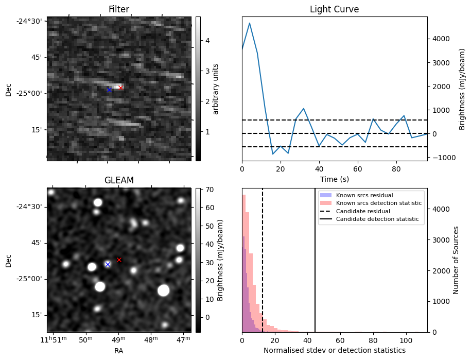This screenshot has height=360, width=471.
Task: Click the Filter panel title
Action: (118, 9)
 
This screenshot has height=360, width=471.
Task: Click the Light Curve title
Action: (334, 9)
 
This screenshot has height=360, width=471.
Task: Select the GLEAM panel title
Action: (118, 180)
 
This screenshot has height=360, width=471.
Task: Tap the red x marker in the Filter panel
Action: (120, 88)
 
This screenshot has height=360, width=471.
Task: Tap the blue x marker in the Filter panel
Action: (109, 90)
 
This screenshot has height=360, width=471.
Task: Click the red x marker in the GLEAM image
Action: (119, 260)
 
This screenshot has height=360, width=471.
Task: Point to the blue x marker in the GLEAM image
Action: (108, 264)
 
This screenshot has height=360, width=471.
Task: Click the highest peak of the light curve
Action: (250, 23)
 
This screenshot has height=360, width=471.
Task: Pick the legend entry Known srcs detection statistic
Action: (378, 203)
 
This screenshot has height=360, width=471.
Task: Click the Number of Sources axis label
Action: (457, 260)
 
